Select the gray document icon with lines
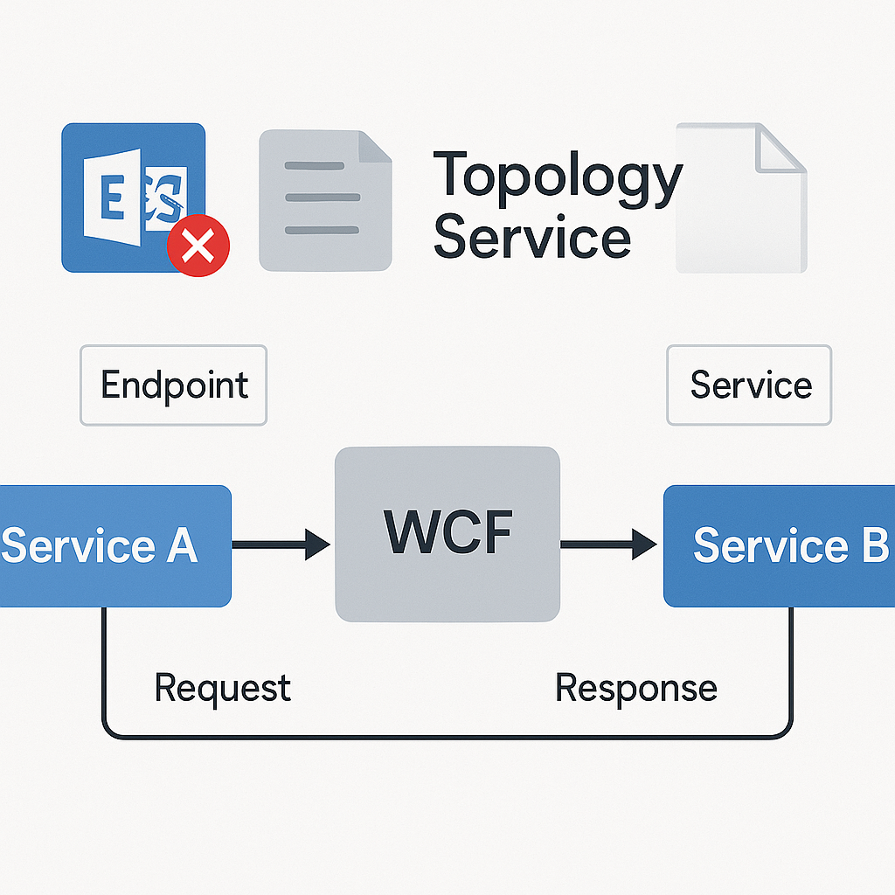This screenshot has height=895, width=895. point(325,200)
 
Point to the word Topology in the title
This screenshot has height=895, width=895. point(557,175)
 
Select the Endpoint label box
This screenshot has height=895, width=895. point(173,385)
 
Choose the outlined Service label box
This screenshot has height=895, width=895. point(749,385)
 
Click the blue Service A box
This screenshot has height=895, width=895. point(114,546)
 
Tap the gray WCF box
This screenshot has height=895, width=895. point(447,534)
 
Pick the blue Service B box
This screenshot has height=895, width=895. point(780,546)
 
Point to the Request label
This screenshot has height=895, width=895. point(222,688)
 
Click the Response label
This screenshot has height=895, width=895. point(635,688)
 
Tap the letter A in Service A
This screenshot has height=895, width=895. point(178,546)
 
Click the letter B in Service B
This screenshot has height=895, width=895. point(870,546)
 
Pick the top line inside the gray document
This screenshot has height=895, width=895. point(322,166)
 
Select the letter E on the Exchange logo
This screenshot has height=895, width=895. point(112,199)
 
